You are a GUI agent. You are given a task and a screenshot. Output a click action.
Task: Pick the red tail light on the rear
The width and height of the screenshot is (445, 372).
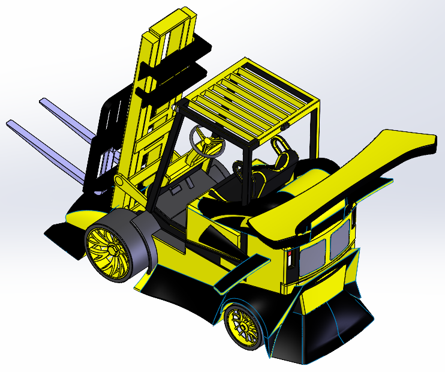(x=291, y=259)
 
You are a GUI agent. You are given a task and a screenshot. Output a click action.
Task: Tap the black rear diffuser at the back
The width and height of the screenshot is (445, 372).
(x=327, y=333)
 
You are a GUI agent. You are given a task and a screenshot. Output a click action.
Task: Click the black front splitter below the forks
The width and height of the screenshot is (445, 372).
(x=66, y=234)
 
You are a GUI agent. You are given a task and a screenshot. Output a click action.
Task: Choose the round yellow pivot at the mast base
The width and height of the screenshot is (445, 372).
(x=119, y=181)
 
